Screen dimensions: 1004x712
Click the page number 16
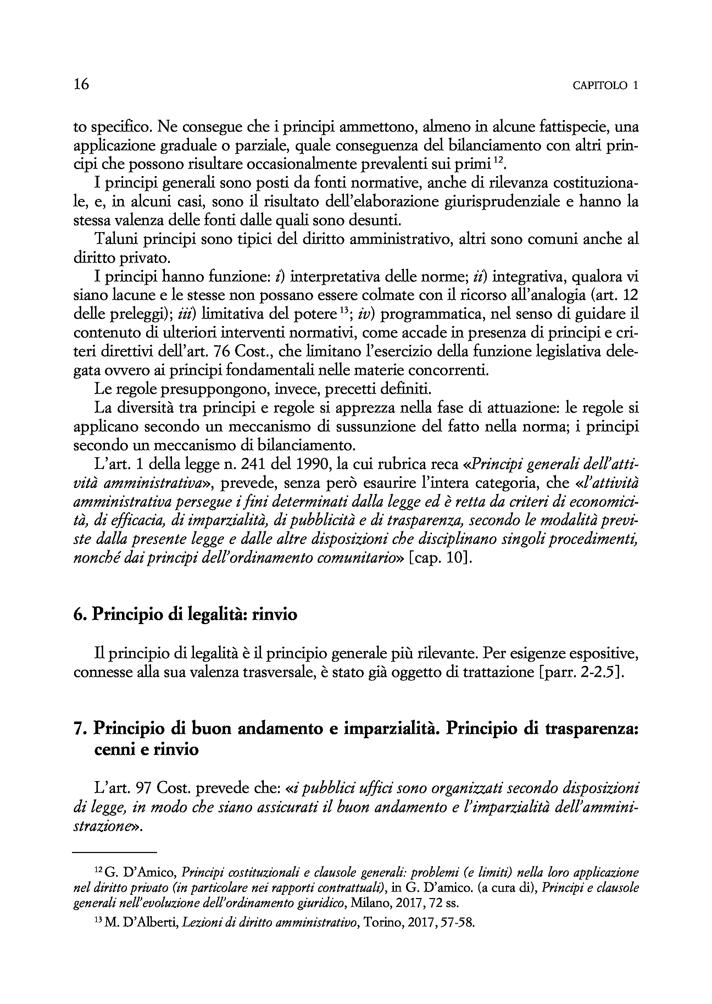click(x=82, y=84)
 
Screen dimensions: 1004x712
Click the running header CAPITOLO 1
click(x=605, y=86)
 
